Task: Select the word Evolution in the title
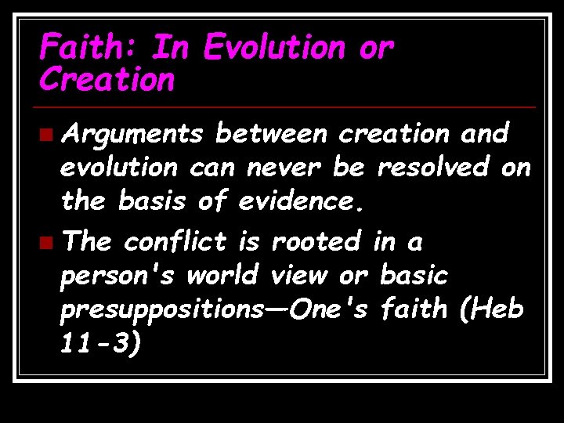[x=273, y=49]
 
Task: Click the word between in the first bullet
[x=270, y=135]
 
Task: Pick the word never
[x=284, y=168]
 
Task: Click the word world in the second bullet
[x=224, y=275]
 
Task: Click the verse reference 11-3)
[x=101, y=342]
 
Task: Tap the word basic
[x=413, y=275]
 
